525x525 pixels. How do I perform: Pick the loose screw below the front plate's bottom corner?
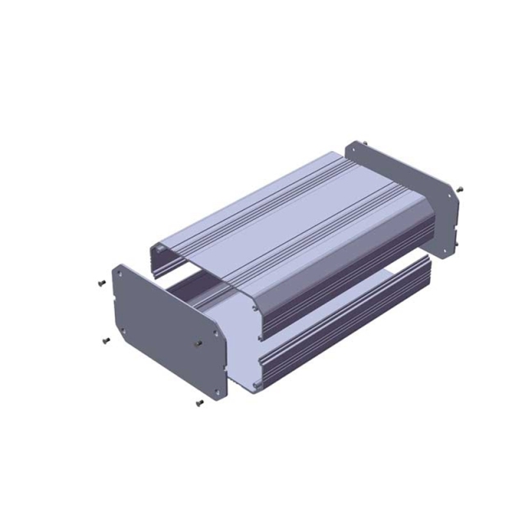[199, 403]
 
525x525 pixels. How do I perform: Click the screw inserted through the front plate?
[196, 343]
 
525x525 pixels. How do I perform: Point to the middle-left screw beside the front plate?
[105, 340]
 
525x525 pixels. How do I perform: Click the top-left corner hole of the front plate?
[121, 273]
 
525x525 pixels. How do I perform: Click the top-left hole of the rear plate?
[351, 150]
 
